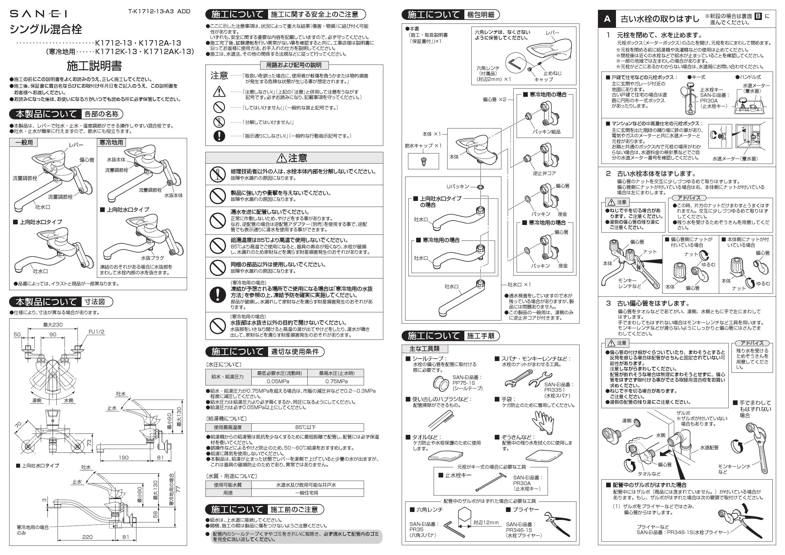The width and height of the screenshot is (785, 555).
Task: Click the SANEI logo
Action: [x=38, y=14]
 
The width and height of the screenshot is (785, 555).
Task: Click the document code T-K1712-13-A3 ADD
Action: [x=159, y=11]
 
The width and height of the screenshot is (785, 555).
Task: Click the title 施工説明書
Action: [x=94, y=65]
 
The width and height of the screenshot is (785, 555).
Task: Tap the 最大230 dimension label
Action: [x=53, y=325]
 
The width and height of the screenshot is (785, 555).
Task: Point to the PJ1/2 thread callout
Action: [x=97, y=332]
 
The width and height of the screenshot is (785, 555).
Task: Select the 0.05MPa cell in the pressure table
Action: [x=279, y=381]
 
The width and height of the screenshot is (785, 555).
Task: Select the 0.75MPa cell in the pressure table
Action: [x=336, y=381]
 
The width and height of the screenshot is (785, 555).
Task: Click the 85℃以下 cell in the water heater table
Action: [x=307, y=427]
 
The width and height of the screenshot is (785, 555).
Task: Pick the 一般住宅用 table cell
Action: [x=307, y=493]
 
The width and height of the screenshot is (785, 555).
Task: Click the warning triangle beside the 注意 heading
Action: [x=281, y=158]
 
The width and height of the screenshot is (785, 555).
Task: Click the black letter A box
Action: [x=607, y=19]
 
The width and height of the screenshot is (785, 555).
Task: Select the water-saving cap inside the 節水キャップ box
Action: [x=423, y=161]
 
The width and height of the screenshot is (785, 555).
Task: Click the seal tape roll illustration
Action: [x=441, y=384]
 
